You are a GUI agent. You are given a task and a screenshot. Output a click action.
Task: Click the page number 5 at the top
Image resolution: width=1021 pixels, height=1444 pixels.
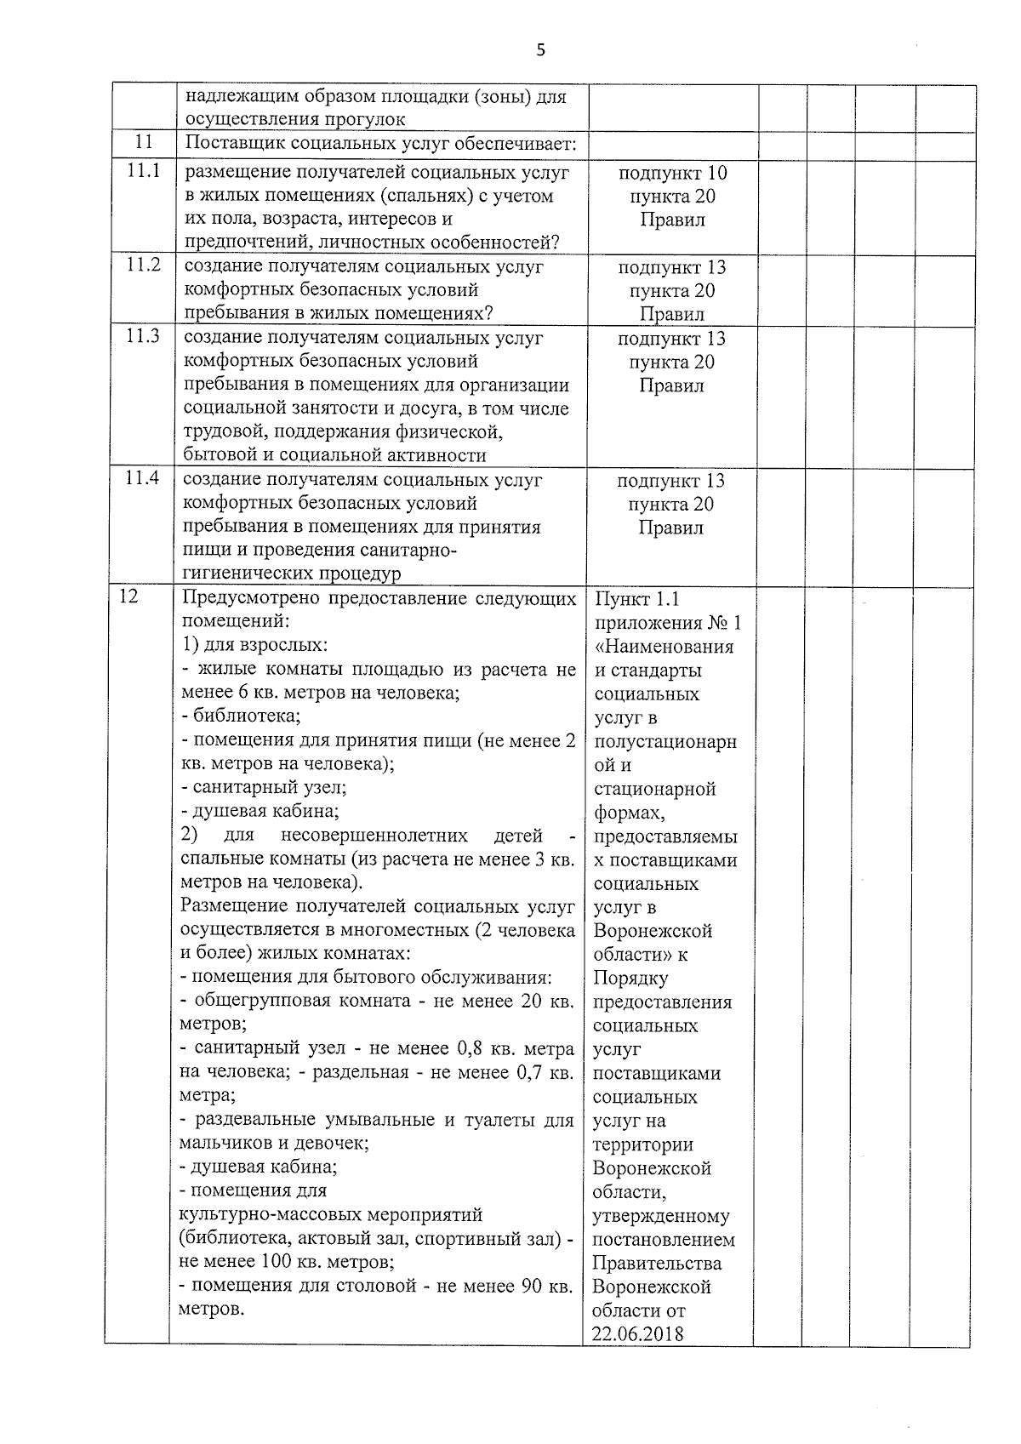[540, 50]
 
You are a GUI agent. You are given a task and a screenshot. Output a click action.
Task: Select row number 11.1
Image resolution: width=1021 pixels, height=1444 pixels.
[143, 171]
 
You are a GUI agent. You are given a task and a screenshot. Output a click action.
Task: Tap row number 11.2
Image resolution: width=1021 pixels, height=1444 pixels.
[143, 265]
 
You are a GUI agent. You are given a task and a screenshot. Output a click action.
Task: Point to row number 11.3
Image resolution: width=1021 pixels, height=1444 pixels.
[143, 336]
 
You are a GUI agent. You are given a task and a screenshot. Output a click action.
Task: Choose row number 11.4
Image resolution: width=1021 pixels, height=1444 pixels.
[142, 479]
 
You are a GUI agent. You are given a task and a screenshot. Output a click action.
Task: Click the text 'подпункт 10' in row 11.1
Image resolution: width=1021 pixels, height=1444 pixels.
[672, 173]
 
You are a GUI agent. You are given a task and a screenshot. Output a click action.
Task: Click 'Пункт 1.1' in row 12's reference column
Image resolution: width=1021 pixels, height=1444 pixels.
[637, 599]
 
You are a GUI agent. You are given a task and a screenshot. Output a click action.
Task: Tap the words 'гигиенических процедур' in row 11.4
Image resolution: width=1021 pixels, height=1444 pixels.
[292, 574]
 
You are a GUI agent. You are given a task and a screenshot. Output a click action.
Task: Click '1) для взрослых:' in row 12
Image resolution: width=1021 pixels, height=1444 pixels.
[254, 645]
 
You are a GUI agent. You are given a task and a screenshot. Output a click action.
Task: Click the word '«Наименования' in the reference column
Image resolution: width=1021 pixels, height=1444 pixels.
[664, 647]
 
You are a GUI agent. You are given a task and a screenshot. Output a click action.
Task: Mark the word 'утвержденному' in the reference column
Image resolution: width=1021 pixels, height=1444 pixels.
[661, 1216]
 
